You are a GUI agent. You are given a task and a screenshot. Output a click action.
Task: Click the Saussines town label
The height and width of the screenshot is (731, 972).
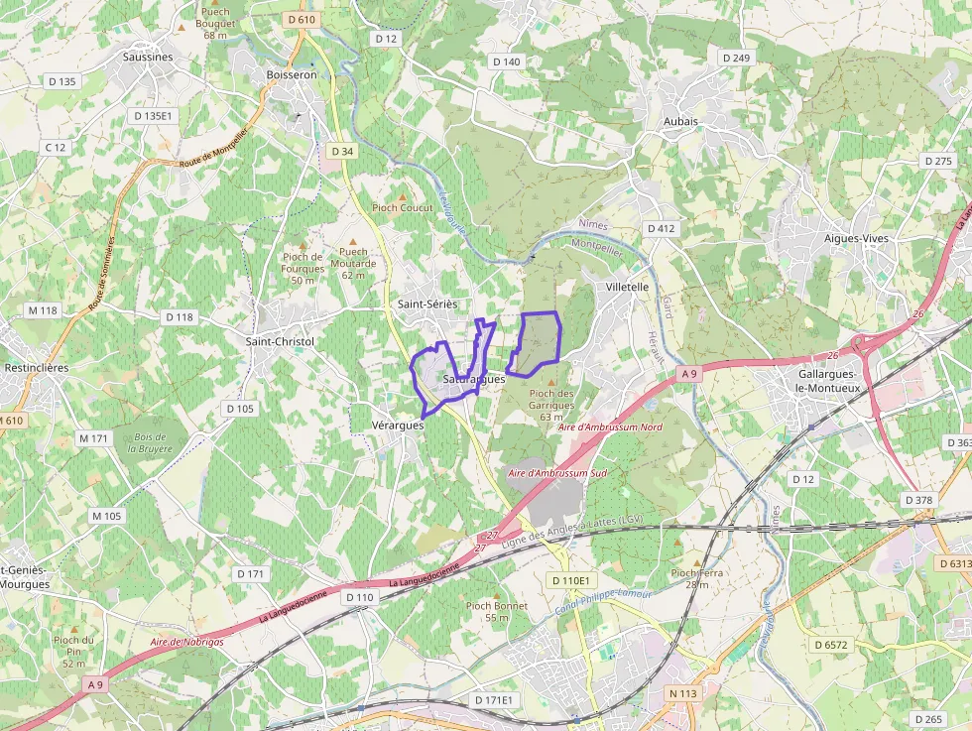coord(148,57)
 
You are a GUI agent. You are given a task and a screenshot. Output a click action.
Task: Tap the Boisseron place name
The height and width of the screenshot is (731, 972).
coord(292,74)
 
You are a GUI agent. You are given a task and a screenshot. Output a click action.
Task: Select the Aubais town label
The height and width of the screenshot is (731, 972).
coord(680,121)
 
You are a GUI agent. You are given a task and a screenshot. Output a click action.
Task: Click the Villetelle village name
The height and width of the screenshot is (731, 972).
coord(627,287)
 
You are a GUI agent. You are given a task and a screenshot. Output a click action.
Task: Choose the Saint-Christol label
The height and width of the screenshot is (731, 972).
coord(280,341)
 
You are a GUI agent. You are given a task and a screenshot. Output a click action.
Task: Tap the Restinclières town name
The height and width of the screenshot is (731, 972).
coord(36,367)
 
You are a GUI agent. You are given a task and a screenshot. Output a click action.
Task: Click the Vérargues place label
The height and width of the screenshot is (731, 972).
coord(398,425)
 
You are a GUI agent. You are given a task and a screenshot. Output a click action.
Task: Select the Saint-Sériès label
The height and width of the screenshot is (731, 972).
coord(427,304)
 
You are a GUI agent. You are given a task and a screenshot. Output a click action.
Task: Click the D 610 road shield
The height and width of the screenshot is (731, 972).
coord(300,20)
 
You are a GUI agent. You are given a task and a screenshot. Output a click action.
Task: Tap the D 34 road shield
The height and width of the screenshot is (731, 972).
coord(342,151)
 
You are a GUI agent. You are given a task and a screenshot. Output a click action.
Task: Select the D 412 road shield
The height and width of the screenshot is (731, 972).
coord(662,228)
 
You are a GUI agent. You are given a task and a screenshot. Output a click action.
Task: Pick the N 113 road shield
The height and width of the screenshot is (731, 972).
coord(683,693)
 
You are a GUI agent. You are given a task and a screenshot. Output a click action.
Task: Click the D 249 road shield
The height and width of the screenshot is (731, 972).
coord(736,59)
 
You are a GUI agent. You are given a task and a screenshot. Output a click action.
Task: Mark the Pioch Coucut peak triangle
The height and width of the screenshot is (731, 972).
coord(403,196)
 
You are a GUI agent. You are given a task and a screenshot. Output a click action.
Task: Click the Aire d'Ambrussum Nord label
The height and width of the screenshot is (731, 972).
coord(610,426)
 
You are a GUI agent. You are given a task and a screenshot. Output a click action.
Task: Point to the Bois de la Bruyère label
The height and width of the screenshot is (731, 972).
coord(150,442)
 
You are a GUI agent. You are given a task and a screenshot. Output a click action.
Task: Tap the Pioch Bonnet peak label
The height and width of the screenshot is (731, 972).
coord(498,611)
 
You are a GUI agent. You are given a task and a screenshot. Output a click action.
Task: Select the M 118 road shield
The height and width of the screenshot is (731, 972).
coord(44,310)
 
